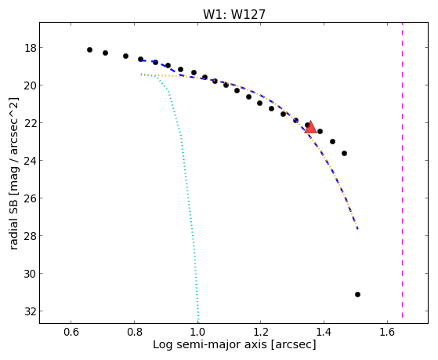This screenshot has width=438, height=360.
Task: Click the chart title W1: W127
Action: click(234, 14)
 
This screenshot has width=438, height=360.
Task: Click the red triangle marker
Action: click(310, 127)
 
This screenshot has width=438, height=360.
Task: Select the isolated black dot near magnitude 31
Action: click(357, 294)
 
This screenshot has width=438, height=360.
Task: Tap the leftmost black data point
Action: click(89, 49)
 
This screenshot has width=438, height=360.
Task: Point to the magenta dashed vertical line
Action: click(402, 170)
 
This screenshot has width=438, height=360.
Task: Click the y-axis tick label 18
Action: click(31, 48)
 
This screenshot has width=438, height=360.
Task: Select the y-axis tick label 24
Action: click(31, 161)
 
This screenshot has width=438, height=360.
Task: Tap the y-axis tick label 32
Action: click(31, 311)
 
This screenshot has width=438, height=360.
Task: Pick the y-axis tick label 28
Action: click(31, 236)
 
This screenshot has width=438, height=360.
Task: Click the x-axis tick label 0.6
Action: click(71, 332)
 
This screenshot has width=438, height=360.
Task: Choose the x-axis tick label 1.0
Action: click(197, 332)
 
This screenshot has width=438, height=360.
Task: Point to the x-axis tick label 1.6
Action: click(387, 332)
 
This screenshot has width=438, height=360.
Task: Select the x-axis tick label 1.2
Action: click(261, 332)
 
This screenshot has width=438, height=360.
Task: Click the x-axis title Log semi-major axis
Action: click(210, 344)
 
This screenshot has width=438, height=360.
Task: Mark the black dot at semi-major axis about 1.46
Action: click(344, 153)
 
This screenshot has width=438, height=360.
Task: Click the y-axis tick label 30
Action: click(31, 274)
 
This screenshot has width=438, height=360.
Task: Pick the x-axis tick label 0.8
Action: click(134, 332)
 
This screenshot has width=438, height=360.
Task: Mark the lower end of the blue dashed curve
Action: click(357, 229)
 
